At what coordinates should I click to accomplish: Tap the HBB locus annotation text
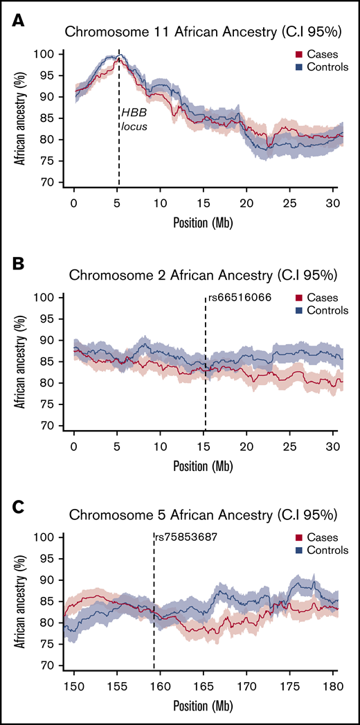pos(134,119)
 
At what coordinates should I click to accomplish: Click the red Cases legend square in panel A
pos(298,55)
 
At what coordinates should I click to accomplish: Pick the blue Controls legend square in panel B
pos(298,310)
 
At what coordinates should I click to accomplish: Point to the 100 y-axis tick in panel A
pos(54,54)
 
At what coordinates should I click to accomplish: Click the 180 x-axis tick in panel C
pos(333,679)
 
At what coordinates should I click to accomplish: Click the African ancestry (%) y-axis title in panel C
pos(26,600)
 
